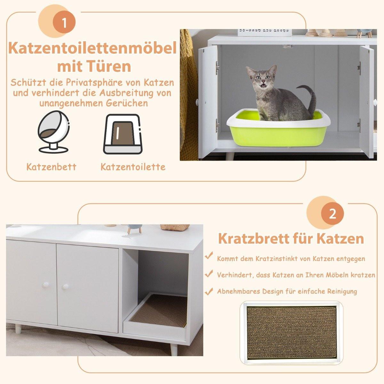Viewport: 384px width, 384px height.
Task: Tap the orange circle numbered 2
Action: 333,213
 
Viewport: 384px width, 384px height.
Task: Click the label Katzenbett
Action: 52,167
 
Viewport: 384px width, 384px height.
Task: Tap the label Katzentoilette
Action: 133,167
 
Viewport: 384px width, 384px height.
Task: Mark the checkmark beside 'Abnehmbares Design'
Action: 210,291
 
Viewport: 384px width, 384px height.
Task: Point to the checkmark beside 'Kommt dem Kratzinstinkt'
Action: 210,256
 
